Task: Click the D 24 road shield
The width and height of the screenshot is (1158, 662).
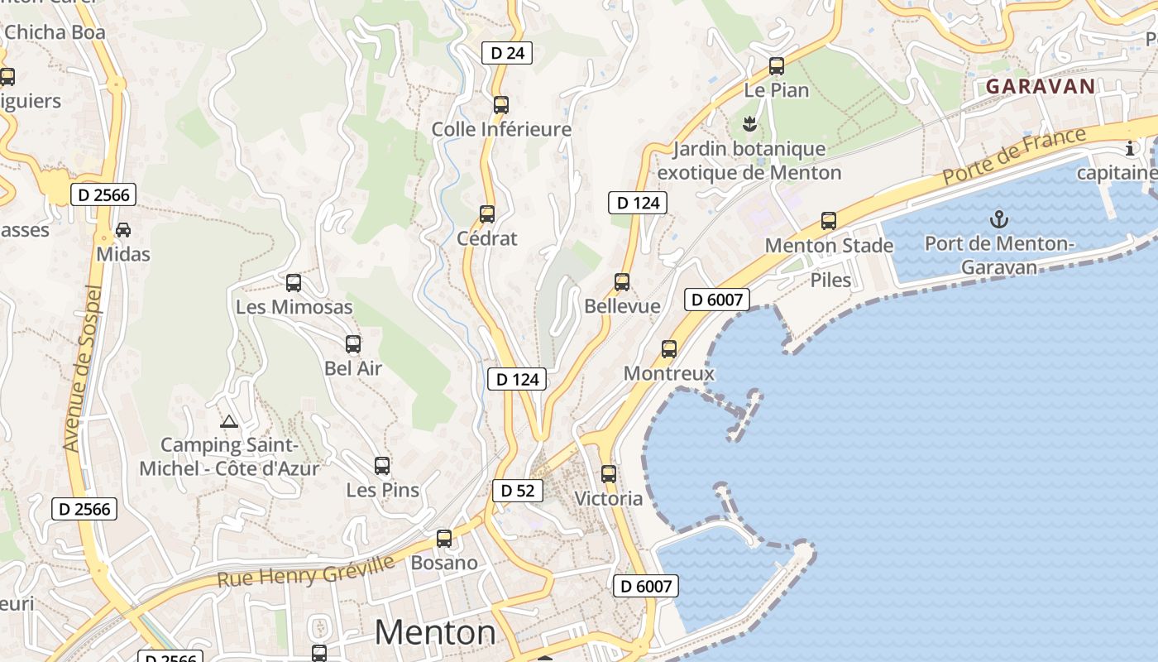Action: (x=507, y=53)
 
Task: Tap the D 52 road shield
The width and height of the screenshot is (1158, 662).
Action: (x=518, y=491)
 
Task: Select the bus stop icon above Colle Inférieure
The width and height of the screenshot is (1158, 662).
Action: (x=501, y=105)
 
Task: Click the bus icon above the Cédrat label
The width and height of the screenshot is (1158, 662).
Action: (x=487, y=214)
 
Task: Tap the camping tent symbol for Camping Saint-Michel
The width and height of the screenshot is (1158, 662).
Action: (x=229, y=421)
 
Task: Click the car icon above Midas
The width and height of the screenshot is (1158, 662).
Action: (x=123, y=229)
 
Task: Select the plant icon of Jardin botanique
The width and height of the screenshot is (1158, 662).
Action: (x=749, y=125)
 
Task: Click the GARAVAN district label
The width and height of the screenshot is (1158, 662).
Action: (x=1041, y=86)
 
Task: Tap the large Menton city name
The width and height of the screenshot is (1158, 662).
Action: (x=435, y=633)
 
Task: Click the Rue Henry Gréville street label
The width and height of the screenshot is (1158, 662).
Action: (x=306, y=571)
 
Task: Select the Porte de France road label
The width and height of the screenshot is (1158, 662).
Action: (x=1013, y=157)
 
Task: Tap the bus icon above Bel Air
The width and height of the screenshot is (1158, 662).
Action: (x=353, y=344)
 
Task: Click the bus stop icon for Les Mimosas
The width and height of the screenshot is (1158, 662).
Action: (x=294, y=283)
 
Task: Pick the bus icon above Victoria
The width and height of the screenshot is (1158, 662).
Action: (x=609, y=474)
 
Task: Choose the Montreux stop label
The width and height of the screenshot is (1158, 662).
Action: (x=668, y=373)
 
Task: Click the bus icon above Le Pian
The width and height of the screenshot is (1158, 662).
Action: (x=777, y=66)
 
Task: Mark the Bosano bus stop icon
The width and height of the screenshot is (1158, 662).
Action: (x=444, y=539)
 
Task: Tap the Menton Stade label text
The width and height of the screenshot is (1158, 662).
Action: (x=829, y=246)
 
